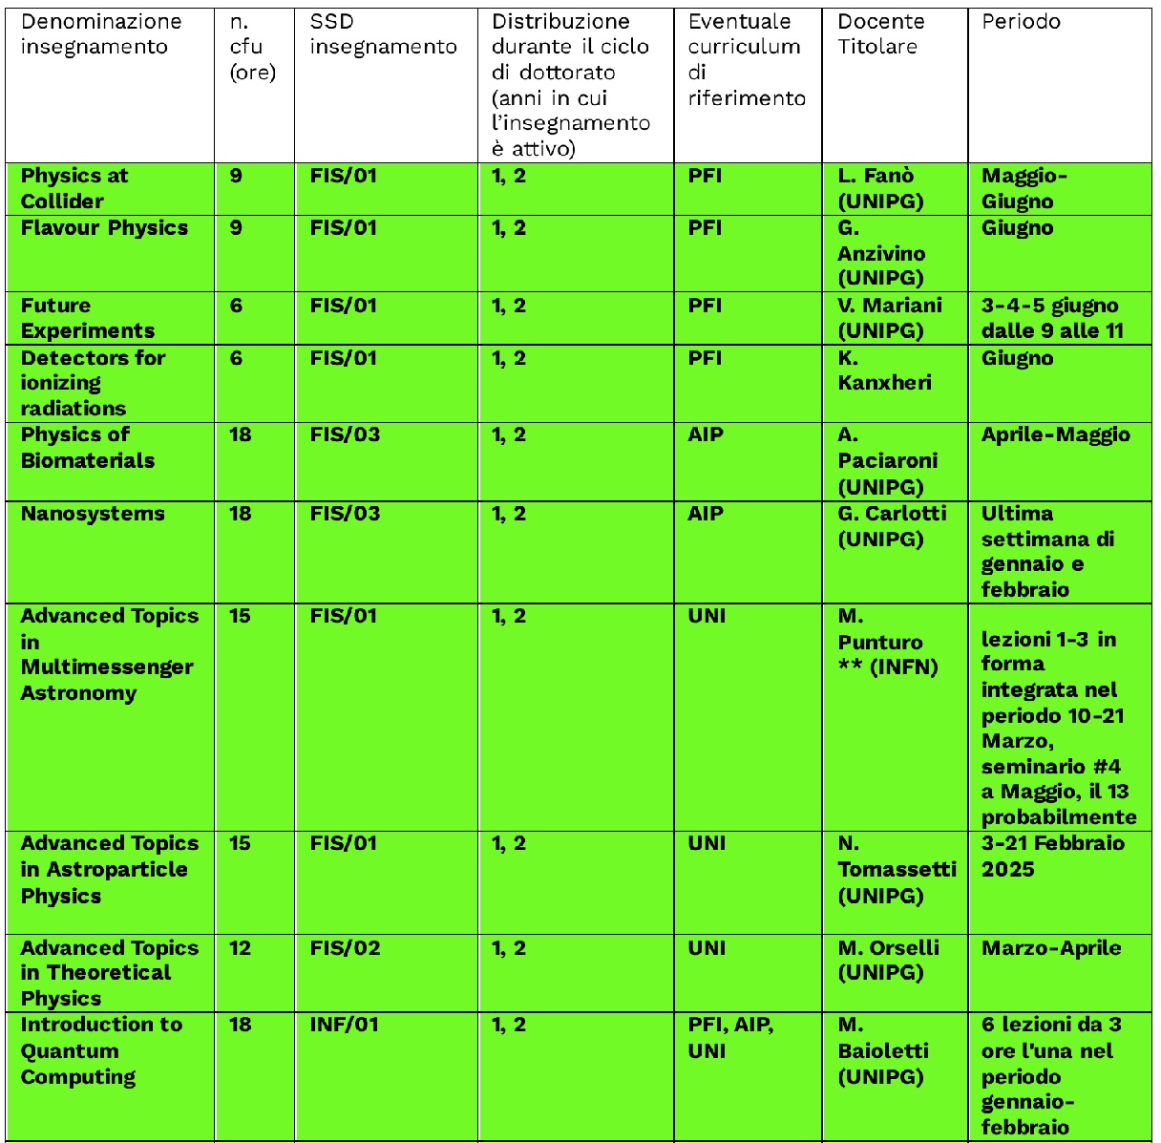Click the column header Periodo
[x=1021, y=22]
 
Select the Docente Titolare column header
[x=880, y=34]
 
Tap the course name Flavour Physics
[x=104, y=228]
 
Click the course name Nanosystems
[x=93, y=514]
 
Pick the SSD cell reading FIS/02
[x=345, y=948]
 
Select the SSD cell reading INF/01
[x=344, y=1025]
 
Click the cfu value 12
[x=240, y=948]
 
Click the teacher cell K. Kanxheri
[x=884, y=370]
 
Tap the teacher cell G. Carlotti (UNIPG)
[x=892, y=526]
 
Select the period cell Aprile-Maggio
[x=1055, y=434]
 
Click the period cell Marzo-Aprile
[x=1050, y=948]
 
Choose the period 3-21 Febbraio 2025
[x=1052, y=857]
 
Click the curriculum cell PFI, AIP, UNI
[x=730, y=1037]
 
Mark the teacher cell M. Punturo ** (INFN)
[x=887, y=642]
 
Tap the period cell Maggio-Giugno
[x=1024, y=188]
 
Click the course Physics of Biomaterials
[x=87, y=447]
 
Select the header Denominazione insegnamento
[x=100, y=34]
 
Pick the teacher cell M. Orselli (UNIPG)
[x=888, y=961]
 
